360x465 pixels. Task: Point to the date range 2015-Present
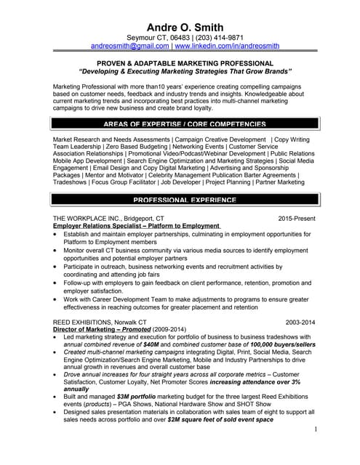click(297, 218)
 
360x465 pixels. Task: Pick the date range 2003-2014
click(300, 321)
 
